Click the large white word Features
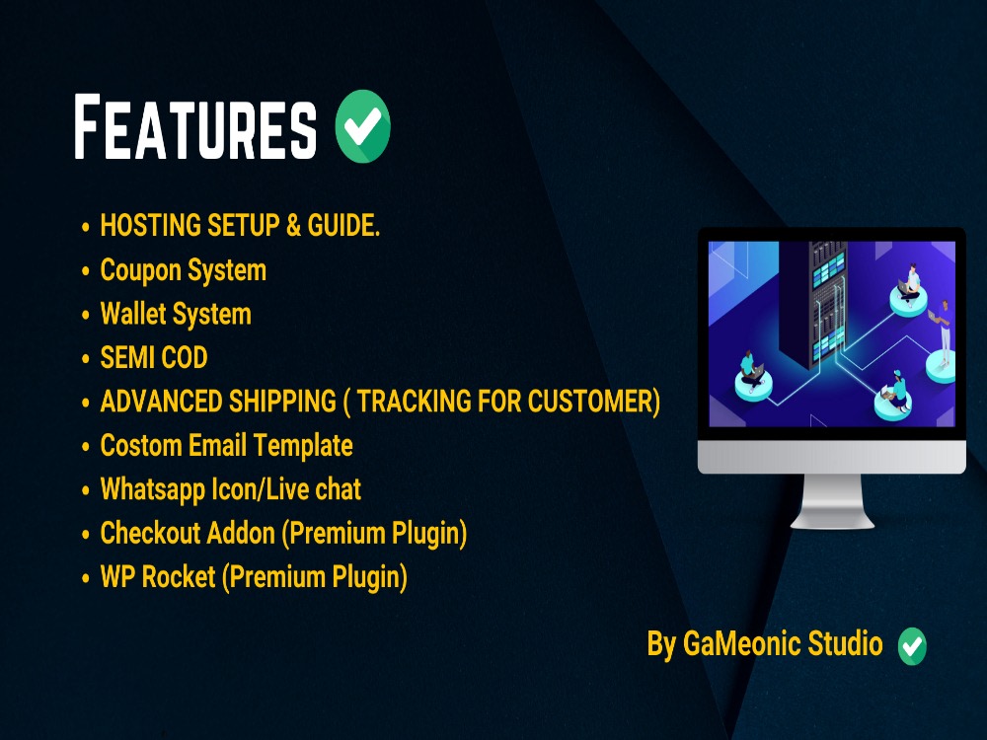[x=195, y=127]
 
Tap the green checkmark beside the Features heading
[x=363, y=126]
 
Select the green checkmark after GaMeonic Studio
[x=912, y=646]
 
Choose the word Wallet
[x=133, y=314]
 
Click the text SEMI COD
[x=154, y=357]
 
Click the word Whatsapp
[x=152, y=489]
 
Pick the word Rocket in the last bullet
[x=179, y=577]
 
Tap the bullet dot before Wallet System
[x=86, y=316]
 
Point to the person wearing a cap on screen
[x=899, y=385]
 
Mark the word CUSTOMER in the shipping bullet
[x=590, y=402]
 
